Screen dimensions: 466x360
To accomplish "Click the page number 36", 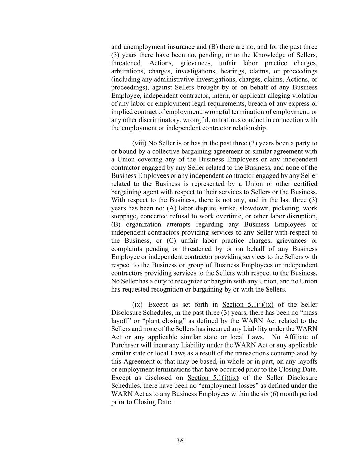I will point(180,441).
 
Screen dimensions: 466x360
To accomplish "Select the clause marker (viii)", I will point(139,143).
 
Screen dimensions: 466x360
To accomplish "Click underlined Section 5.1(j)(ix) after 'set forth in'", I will point(248,305).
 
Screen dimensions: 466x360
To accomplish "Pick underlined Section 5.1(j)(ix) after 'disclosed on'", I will point(213,378).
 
